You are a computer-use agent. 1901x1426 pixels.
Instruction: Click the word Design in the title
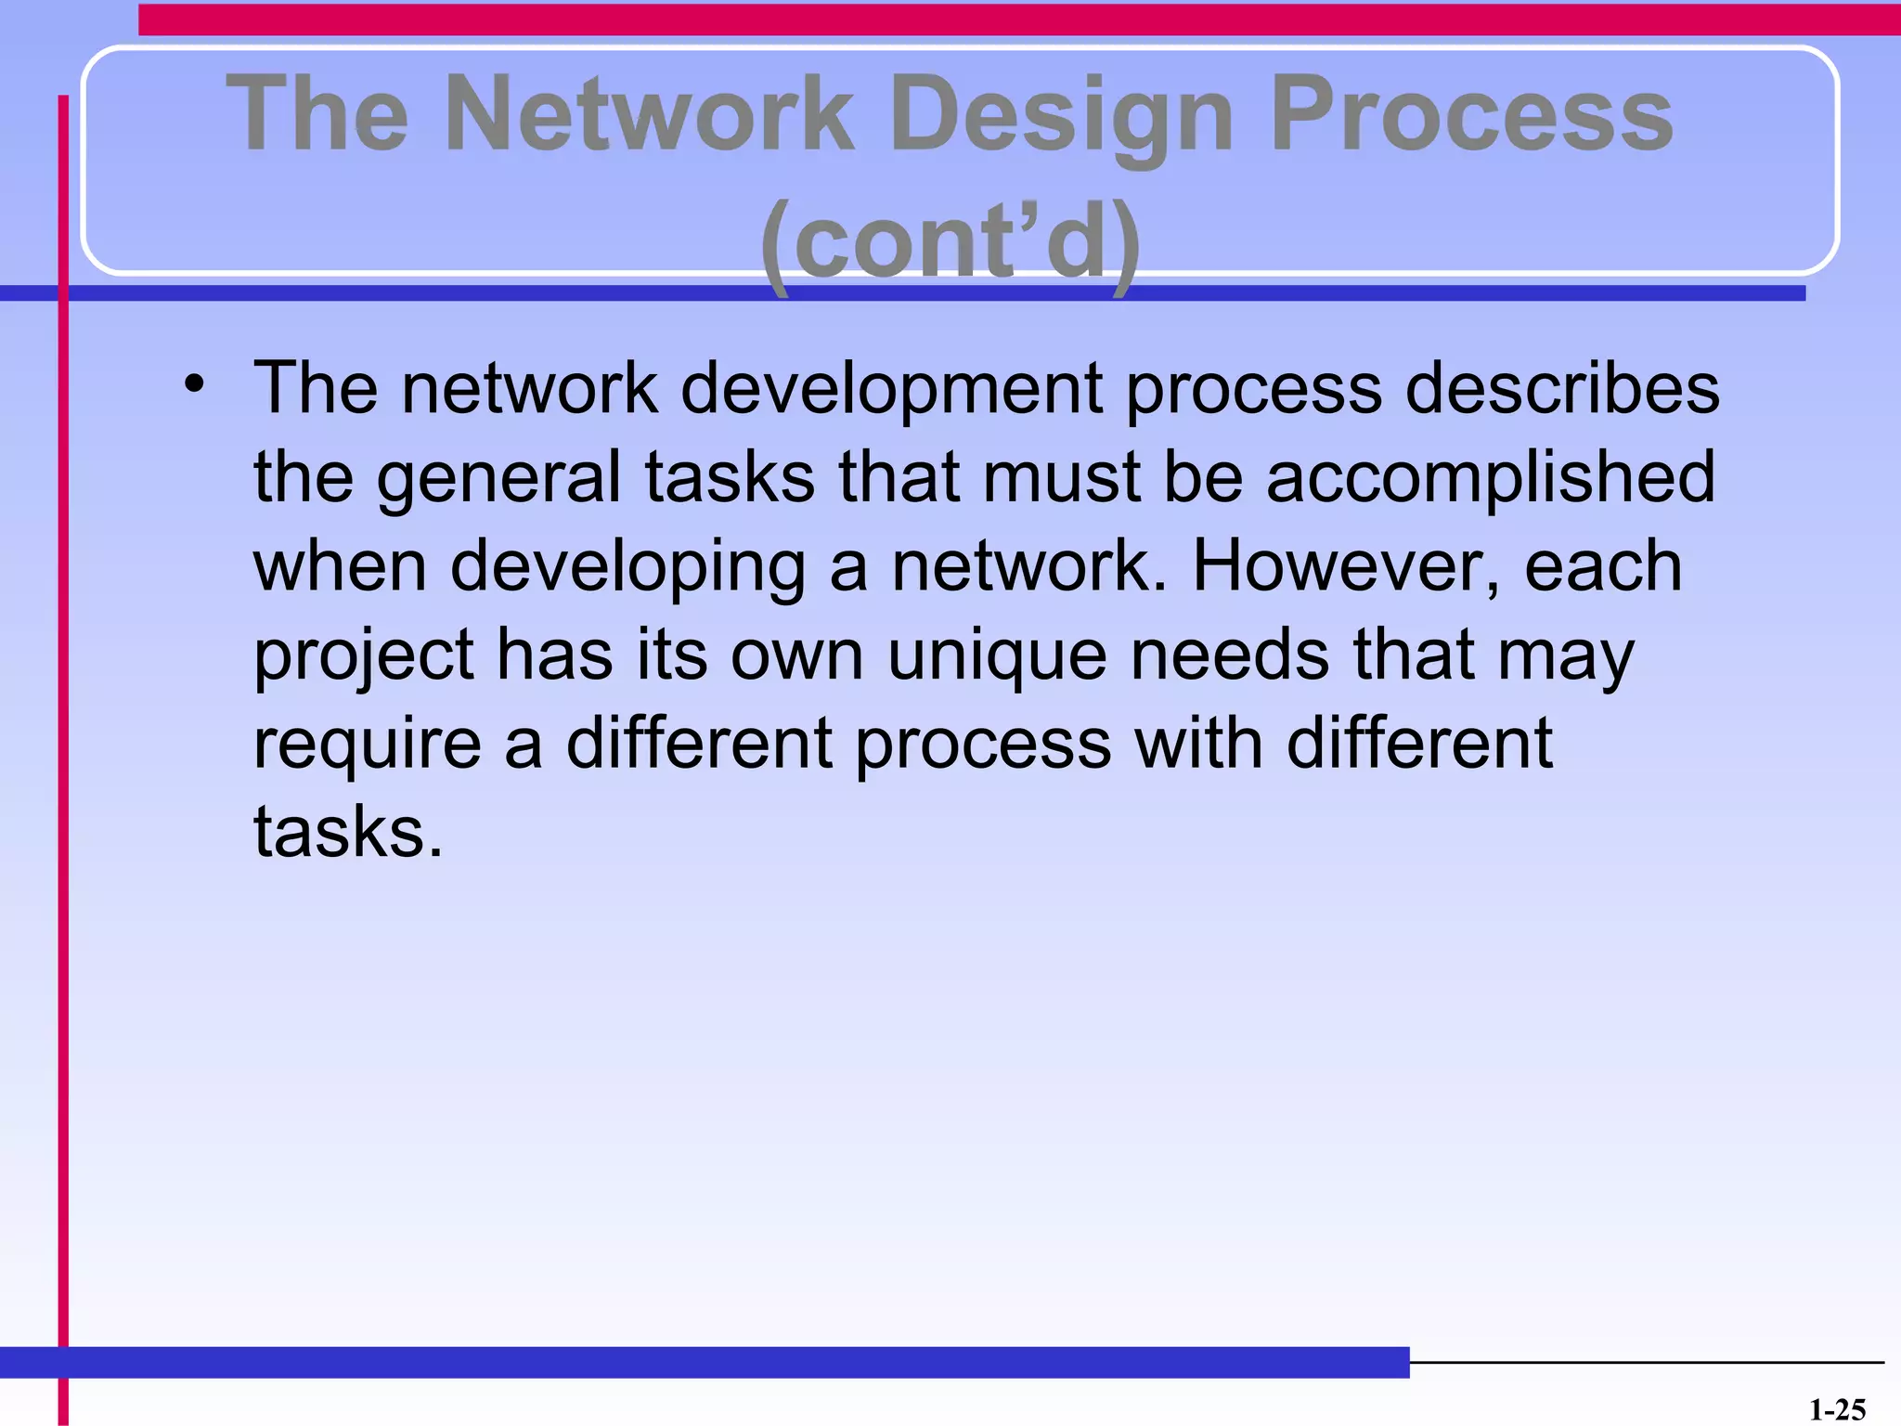coord(1061,116)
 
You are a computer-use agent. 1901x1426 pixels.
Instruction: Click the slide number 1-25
coord(1837,1410)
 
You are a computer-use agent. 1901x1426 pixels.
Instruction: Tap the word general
coord(498,477)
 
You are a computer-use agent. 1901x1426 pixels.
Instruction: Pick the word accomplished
coord(1491,475)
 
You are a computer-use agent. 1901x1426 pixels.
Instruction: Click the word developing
coord(628,566)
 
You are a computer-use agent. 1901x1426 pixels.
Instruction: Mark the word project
coord(363,655)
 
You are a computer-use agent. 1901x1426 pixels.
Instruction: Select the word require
coord(368,745)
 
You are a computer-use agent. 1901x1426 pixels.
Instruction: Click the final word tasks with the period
coord(348,832)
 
